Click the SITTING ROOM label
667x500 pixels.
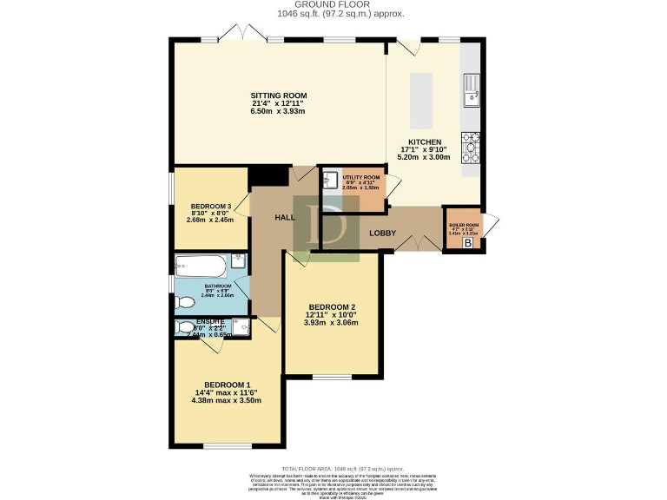(279, 95)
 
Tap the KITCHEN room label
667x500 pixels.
(426, 142)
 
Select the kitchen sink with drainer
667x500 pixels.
(472, 89)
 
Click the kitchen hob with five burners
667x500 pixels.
(471, 147)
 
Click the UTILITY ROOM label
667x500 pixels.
(360, 176)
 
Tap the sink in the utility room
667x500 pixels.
(330, 181)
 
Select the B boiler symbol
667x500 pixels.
(469, 244)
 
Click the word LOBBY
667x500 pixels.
(383, 233)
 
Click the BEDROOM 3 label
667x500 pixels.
(211, 206)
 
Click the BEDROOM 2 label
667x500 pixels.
(331, 307)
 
